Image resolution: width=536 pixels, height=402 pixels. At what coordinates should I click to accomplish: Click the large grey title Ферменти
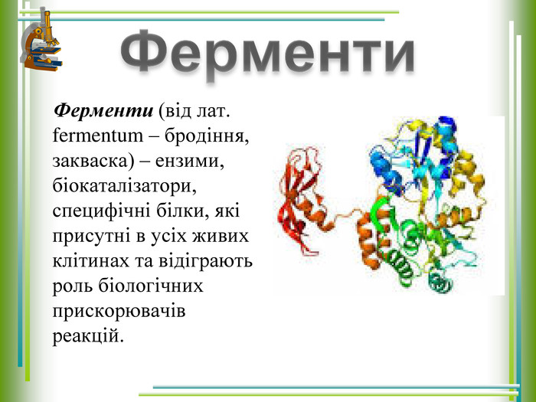tap(267, 51)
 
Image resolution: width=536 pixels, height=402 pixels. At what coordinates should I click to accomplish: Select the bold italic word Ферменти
tap(103, 110)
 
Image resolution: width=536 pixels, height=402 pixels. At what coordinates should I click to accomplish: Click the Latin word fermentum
tap(98, 136)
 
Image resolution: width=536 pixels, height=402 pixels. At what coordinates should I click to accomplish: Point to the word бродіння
tap(207, 136)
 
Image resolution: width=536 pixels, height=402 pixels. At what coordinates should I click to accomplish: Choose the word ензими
tap(190, 161)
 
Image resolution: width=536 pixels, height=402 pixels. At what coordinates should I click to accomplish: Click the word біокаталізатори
tap(124, 186)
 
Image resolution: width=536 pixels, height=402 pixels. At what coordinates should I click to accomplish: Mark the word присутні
tap(92, 237)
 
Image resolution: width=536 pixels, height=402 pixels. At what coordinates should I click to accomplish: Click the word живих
tap(221, 236)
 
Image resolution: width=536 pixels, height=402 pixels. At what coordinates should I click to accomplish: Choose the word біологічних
tap(151, 286)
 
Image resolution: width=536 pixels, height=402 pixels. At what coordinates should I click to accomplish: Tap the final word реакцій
tap(88, 336)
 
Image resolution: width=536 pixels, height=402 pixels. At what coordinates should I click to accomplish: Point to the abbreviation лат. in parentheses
tap(212, 111)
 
